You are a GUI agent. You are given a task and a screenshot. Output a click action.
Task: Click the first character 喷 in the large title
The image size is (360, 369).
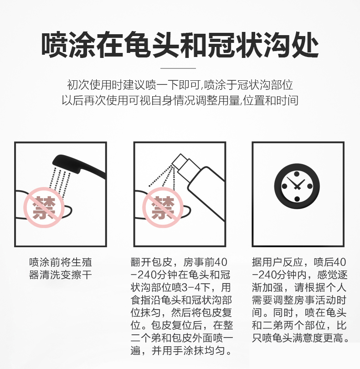click(x=55, y=45)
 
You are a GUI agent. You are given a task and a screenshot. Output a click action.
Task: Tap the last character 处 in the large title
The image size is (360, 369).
click(x=305, y=45)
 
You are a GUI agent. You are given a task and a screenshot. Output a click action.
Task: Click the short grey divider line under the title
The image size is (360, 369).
click(x=178, y=68)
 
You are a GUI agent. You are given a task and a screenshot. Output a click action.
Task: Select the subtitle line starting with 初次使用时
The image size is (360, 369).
click(x=180, y=85)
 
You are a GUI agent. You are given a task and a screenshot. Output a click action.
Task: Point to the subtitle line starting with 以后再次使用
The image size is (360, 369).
click(x=180, y=100)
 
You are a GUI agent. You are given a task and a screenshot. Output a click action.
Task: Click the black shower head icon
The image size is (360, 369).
click(x=79, y=166)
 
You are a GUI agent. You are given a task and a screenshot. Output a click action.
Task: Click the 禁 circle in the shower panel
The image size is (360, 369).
click(x=44, y=208)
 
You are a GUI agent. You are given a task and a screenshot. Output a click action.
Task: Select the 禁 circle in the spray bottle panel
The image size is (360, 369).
click(x=163, y=208)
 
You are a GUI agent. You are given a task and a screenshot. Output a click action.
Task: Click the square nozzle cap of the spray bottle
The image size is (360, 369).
click(x=179, y=162)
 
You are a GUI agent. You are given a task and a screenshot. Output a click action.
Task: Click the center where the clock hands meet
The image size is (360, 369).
click(x=297, y=187)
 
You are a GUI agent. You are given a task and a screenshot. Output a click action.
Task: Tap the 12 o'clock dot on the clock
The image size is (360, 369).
click(x=297, y=174)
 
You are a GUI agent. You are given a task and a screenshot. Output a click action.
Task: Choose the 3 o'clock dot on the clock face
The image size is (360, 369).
click(x=310, y=187)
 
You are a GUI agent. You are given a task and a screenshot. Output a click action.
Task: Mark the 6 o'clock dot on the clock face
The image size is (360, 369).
click(x=297, y=199)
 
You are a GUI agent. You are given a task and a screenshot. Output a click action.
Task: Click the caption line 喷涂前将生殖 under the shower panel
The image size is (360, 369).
click(x=61, y=262)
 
